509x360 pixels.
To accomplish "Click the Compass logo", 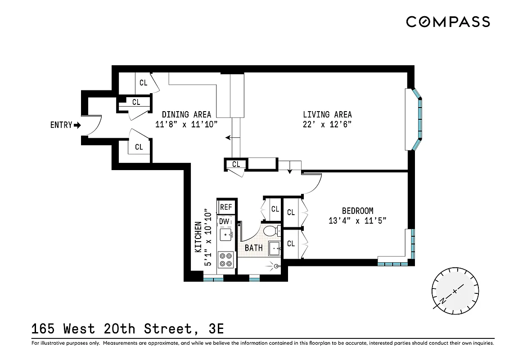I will pyautogui.click(x=448, y=22).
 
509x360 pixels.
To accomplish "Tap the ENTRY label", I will pyautogui.click(x=61, y=125).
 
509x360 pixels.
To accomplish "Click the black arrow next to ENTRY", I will pyautogui.click(x=77, y=125).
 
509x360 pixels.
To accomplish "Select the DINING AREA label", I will pyautogui.click(x=186, y=115).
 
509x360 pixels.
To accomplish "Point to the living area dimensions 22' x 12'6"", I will pyautogui.click(x=327, y=125).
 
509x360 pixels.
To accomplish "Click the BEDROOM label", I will pyautogui.click(x=357, y=211).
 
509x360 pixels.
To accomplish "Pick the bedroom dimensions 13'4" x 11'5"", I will pyautogui.click(x=357, y=220).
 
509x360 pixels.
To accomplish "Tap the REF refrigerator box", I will pyautogui.click(x=226, y=207).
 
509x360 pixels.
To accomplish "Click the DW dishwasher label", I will pyautogui.click(x=224, y=221).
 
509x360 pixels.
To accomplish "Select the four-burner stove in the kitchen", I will pyautogui.click(x=225, y=260).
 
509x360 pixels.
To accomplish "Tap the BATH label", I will pyautogui.click(x=253, y=248).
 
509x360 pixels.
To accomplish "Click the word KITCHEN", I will pyautogui.click(x=198, y=237).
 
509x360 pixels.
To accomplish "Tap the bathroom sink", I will pyautogui.click(x=274, y=248).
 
